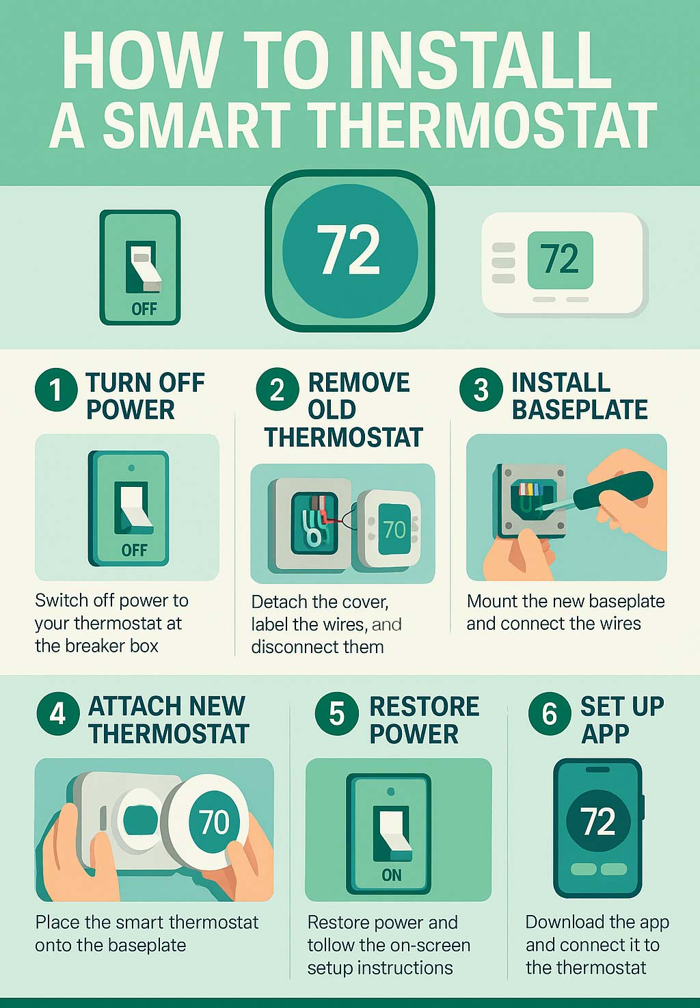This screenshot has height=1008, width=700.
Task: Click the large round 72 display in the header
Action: point(349,251)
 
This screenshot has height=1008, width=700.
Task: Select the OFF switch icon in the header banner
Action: point(140,267)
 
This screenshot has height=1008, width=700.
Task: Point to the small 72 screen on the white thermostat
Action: point(560,259)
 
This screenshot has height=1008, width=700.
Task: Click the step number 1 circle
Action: point(55,390)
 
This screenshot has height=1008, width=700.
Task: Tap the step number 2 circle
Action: point(277,390)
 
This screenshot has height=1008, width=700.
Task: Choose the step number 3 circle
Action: point(481,390)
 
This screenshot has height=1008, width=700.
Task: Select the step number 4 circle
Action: point(58,713)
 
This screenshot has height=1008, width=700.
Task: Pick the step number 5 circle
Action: point(336,713)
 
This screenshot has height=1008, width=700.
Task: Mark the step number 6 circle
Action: point(549,713)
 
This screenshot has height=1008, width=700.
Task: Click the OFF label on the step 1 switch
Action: point(134,551)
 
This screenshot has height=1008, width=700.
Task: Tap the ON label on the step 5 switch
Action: point(392,875)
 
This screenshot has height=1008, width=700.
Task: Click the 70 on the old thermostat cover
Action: point(394,529)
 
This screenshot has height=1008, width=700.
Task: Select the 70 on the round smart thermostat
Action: point(213,822)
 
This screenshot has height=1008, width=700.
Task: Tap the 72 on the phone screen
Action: point(597,821)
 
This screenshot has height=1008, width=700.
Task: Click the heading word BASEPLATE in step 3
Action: point(580,410)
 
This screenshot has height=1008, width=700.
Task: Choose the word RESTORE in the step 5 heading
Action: point(425,706)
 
